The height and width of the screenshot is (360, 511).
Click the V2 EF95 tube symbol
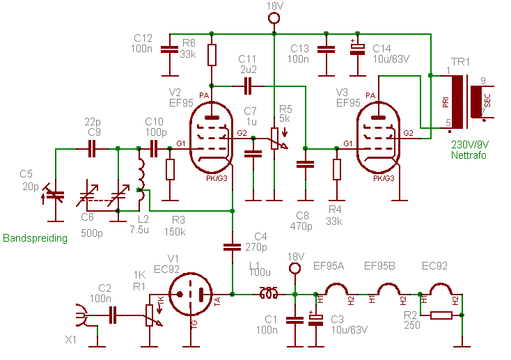pos(212,136)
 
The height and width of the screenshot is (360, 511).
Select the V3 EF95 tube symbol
pos(378,136)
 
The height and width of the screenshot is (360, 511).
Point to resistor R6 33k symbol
pos(212,54)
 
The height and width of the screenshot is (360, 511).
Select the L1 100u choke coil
pos(267,294)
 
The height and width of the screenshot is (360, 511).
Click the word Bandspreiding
pos(36,238)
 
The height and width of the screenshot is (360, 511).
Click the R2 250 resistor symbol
pos(441,315)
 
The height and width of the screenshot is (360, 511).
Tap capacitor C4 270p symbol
pos(232,246)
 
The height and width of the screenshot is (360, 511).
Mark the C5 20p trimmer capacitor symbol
pos(54,194)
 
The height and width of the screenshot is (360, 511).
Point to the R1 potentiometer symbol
pos(149,316)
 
